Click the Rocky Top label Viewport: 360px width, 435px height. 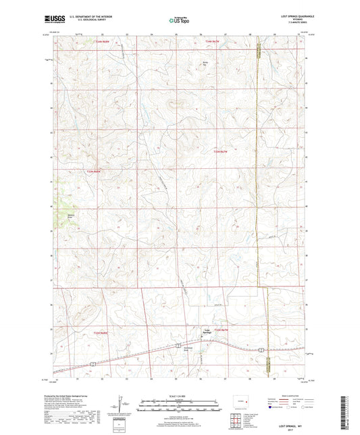tap(207, 65)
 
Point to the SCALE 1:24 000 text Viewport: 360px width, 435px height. tap(180, 396)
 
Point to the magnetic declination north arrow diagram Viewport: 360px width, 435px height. tap(122, 408)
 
